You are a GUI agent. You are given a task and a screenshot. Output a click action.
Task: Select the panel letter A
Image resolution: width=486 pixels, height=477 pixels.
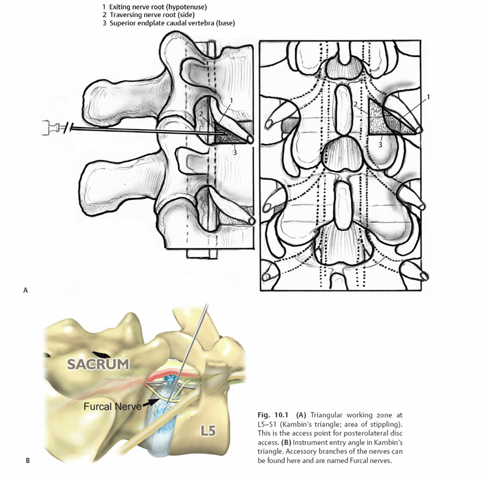(x=26, y=290)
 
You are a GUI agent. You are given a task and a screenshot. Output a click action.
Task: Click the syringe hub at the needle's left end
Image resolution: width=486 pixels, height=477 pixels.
(x=49, y=128)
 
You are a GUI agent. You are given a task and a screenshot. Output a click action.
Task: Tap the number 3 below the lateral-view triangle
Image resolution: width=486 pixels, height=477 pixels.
(x=234, y=153)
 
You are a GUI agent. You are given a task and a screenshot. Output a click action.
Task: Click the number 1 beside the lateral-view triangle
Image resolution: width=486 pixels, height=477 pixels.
(x=231, y=100)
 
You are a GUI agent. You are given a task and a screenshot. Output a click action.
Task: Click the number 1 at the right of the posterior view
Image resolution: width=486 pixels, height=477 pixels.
(x=428, y=97)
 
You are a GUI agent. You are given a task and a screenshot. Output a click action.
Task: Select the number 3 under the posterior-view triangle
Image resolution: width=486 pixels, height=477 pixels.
(x=380, y=145)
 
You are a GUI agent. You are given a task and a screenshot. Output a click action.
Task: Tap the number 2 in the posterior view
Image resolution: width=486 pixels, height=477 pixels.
(x=355, y=105)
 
